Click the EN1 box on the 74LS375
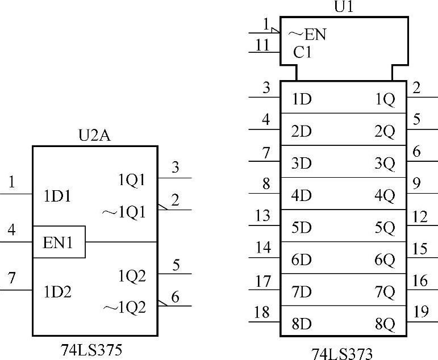[59, 242]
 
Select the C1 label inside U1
[303, 52]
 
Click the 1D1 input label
[58, 196]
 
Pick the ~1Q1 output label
[124, 212]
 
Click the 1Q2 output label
[132, 276]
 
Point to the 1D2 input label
[58, 292]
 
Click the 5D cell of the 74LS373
[302, 228]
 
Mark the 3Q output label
[385, 164]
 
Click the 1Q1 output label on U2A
[132, 180]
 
